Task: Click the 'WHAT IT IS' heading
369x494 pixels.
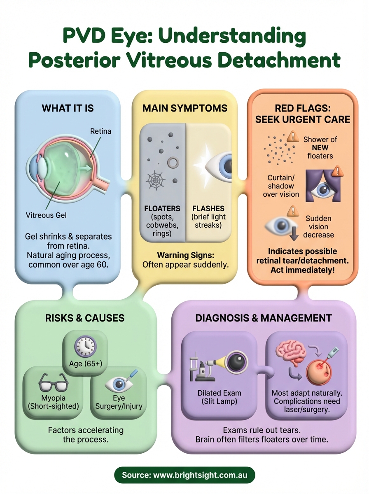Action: click(x=68, y=108)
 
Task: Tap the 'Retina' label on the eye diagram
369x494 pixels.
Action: click(x=101, y=132)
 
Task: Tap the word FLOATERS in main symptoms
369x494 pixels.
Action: click(x=162, y=208)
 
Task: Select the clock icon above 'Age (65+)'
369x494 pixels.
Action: click(x=85, y=346)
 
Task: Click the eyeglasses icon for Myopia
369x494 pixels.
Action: click(x=53, y=383)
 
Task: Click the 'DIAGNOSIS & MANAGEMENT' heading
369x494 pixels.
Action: click(x=264, y=318)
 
